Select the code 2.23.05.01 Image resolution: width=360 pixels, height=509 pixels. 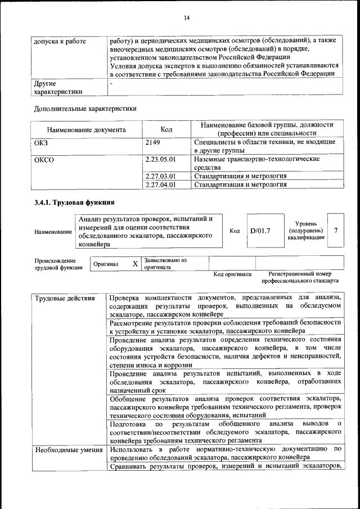(160, 159)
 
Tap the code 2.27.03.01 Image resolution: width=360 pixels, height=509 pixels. (160, 176)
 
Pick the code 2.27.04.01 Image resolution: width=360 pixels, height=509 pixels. (160, 184)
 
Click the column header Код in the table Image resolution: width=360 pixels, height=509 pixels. (166, 129)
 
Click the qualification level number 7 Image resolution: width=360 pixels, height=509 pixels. (336, 231)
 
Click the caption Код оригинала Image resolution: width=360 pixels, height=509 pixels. (232, 274)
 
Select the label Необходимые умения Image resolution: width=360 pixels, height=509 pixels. (69, 449)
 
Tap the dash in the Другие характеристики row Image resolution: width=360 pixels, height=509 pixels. (111, 83)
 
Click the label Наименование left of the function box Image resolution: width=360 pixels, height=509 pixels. (53, 232)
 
